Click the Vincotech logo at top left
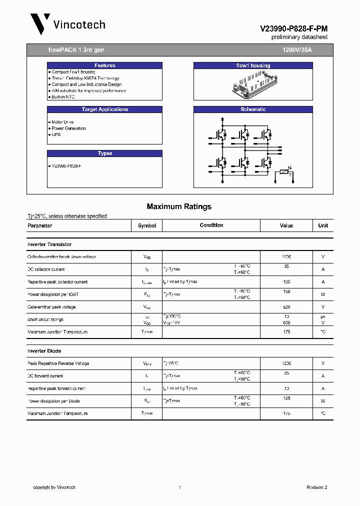click(x=67, y=24)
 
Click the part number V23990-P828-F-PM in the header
click(x=293, y=29)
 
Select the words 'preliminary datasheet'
click(x=299, y=37)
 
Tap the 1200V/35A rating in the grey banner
click(x=297, y=50)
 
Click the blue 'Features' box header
click(x=105, y=65)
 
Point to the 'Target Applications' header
click(x=105, y=109)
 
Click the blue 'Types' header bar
click(x=105, y=153)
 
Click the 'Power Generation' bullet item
click(x=68, y=128)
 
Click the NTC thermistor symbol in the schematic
click(x=285, y=172)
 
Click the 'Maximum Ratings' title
click(x=179, y=206)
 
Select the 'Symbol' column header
click(x=147, y=225)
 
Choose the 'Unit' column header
click(x=323, y=225)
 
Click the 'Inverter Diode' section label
click(x=44, y=351)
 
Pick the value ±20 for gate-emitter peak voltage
click(x=286, y=307)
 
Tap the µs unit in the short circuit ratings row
click(x=323, y=316)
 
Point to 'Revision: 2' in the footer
click(x=316, y=487)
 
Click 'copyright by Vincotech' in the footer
click(x=54, y=487)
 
